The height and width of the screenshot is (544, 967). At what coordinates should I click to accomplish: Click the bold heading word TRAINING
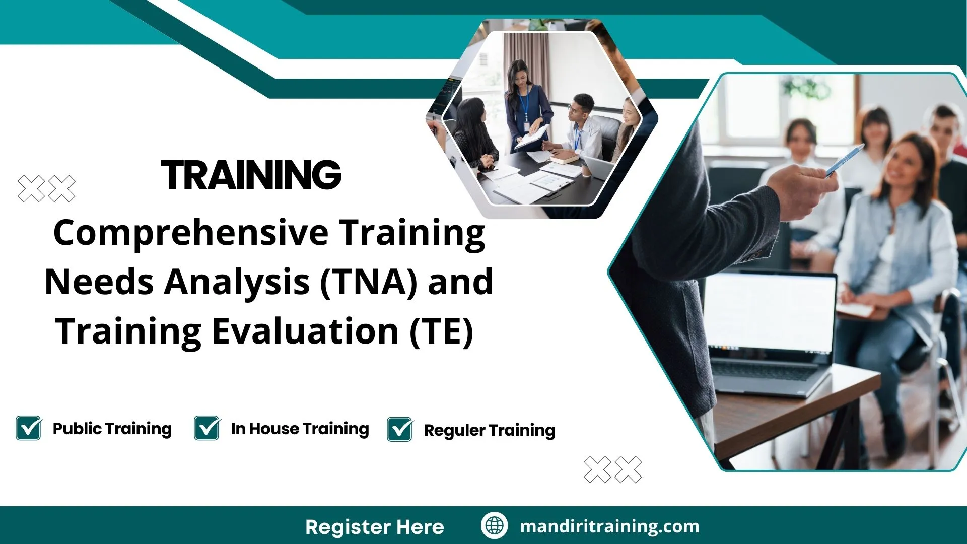point(251,175)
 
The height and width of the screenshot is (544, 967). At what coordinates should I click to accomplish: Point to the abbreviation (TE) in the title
point(441,331)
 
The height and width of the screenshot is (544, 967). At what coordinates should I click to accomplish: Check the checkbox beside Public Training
point(28,428)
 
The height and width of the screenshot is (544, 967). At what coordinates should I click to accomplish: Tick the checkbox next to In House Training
point(206,428)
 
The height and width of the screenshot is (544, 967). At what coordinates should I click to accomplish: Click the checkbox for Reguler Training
point(400,430)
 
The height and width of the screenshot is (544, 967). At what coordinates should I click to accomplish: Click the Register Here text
point(374,527)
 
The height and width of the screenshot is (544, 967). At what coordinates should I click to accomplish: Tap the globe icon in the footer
point(494,525)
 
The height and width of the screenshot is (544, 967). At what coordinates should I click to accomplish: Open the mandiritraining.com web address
point(609,526)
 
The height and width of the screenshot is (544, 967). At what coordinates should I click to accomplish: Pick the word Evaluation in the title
point(306,331)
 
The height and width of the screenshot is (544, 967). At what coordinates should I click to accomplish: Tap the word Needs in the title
point(99,282)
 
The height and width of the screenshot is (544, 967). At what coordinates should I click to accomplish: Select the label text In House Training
point(300,429)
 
